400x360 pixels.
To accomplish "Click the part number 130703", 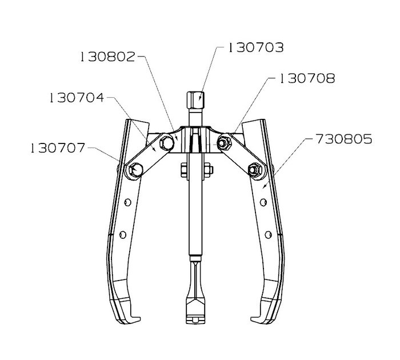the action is pos(255,47).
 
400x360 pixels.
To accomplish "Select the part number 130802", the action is pos(107,57).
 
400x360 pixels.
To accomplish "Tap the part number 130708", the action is pos(307,78).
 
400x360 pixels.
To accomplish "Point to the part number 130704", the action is pos(77,98).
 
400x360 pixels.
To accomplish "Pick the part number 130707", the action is pos(58,148).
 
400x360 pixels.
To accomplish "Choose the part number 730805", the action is pos(344,139).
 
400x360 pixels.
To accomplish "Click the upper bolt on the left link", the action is pos(167,143).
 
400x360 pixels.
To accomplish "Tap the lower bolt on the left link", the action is pos(135,170).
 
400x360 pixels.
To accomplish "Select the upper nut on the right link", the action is pos(224,143).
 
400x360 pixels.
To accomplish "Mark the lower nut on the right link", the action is pos(255,169).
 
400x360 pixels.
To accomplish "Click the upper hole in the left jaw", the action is pos(127,202).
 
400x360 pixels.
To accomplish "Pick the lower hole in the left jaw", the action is pos(123,235).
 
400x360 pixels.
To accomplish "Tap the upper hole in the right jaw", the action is pos(263,202).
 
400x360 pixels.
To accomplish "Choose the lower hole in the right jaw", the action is pos(268,235).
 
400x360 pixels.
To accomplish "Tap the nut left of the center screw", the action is pos(183,170).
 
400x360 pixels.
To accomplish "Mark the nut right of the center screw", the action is pos(209,170).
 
